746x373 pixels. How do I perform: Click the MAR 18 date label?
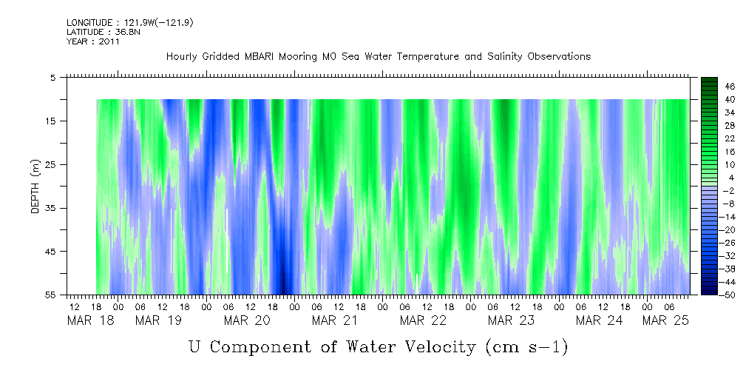(x=91, y=320)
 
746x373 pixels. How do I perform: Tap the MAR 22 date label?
(x=424, y=320)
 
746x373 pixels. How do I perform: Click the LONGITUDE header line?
(x=130, y=23)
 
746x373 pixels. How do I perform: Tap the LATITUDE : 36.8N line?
(x=101, y=32)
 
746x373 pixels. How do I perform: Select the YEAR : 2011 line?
(x=93, y=41)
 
